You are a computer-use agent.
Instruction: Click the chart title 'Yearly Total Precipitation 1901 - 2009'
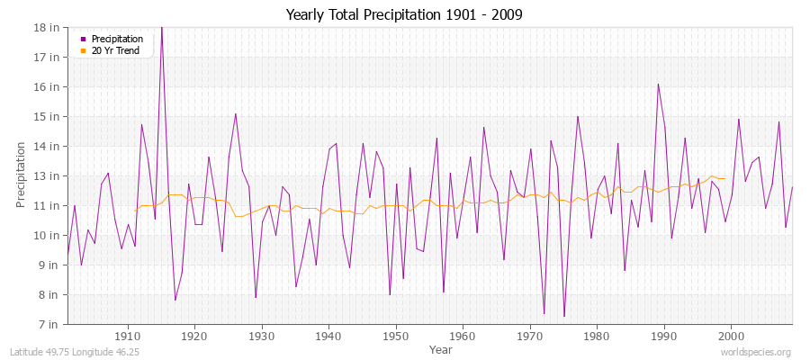(x=404, y=14)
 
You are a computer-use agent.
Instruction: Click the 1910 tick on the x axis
(x=128, y=336)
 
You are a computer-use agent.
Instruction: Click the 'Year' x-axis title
(x=441, y=348)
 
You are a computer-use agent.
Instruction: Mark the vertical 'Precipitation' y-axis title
(x=21, y=175)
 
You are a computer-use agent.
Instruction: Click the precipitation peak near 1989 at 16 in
(x=658, y=84)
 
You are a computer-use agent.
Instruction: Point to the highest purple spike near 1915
(x=162, y=28)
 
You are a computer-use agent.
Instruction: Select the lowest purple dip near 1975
(x=564, y=316)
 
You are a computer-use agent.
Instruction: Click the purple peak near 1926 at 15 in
(x=236, y=113)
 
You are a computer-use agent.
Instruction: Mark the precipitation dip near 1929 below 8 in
(x=256, y=297)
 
